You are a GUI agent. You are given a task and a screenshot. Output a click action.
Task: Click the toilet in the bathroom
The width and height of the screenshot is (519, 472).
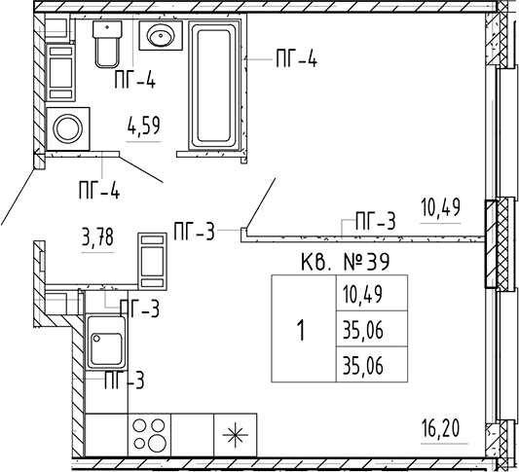point(107,44)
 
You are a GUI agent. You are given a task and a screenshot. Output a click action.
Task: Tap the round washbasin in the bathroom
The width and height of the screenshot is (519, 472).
point(161,35)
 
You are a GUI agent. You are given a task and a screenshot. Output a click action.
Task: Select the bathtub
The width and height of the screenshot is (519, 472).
point(214,86)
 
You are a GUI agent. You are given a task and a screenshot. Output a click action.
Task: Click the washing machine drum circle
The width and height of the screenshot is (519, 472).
point(68,128)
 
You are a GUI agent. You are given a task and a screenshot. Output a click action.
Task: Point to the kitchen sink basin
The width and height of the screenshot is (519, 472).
point(106,349)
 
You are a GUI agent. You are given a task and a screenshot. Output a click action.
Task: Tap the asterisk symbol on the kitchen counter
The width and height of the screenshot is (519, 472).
point(236,435)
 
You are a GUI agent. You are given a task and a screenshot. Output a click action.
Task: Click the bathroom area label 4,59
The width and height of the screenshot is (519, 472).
point(144,126)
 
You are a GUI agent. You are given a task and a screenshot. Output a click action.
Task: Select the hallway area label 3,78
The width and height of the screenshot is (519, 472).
point(97,237)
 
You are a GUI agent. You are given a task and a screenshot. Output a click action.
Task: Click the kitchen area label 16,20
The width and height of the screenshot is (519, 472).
point(440,427)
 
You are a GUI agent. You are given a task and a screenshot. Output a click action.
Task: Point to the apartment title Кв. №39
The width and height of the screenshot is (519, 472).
point(346,262)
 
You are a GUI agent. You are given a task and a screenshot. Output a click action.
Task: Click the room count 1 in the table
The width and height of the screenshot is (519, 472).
point(301,331)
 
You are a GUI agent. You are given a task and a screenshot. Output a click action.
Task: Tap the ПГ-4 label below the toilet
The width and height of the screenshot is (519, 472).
point(135,80)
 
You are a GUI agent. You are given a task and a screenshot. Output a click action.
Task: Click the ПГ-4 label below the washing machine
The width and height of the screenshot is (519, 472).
point(99,190)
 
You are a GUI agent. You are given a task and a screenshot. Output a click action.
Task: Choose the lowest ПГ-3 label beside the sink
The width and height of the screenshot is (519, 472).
point(125,380)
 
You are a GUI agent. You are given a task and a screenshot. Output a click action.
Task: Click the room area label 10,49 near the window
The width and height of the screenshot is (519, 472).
point(440,207)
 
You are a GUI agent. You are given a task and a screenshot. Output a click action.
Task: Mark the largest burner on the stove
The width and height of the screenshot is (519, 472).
point(158,441)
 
